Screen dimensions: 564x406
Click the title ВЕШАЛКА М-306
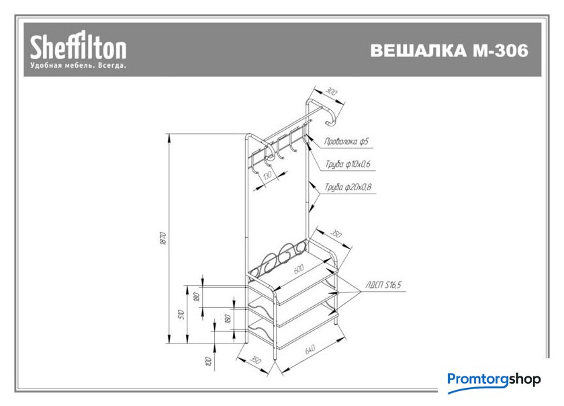[x=449, y=50]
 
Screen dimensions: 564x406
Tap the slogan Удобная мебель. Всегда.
[x=79, y=66]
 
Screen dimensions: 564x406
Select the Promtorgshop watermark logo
[x=494, y=380]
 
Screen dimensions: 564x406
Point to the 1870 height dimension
[x=163, y=238]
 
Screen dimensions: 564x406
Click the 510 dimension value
[x=182, y=315]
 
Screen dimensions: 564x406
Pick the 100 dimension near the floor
[x=208, y=361]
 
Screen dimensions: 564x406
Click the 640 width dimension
[x=310, y=349]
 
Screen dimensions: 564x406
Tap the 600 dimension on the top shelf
[x=299, y=269]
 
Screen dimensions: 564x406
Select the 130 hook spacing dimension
[x=267, y=175]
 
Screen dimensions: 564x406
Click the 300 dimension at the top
[x=331, y=91]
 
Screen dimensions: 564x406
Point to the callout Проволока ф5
[x=346, y=141]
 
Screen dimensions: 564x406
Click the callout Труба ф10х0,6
[x=348, y=164]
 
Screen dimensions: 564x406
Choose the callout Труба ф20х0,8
[x=348, y=188]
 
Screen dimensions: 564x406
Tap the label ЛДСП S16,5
[x=383, y=285]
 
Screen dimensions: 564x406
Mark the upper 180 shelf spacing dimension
[x=196, y=297]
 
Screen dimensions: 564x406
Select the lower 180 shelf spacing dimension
[x=228, y=319]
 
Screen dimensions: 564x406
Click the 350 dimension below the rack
[x=255, y=360]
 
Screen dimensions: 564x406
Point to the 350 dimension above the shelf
[x=336, y=234]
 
